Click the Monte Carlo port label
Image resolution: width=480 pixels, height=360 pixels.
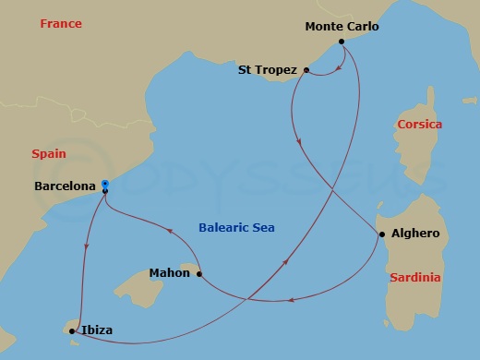pyautogui.click(x=342, y=27)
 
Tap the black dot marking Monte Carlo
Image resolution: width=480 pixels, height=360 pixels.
pyautogui.click(x=342, y=42)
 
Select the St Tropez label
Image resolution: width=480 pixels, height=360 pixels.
pyautogui.click(x=268, y=69)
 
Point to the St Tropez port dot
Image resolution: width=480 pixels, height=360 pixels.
pyautogui.click(x=306, y=69)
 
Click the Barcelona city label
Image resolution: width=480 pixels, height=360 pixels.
pyautogui.click(x=65, y=186)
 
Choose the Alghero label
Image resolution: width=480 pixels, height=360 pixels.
pyautogui.click(x=414, y=234)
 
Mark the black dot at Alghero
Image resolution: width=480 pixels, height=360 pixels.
pyautogui.click(x=382, y=234)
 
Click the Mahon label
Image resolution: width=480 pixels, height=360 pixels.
pyautogui.click(x=169, y=272)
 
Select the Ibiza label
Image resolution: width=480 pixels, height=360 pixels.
pyautogui.click(x=97, y=330)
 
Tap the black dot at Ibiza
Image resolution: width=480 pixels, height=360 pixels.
pyautogui.click(x=72, y=330)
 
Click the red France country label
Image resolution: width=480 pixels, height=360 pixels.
pyautogui.click(x=61, y=23)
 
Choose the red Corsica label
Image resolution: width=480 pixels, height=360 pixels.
pyautogui.click(x=418, y=124)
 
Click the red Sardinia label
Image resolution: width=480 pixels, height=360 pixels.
pyautogui.click(x=415, y=277)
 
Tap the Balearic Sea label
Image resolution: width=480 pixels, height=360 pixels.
pyautogui.click(x=237, y=227)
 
